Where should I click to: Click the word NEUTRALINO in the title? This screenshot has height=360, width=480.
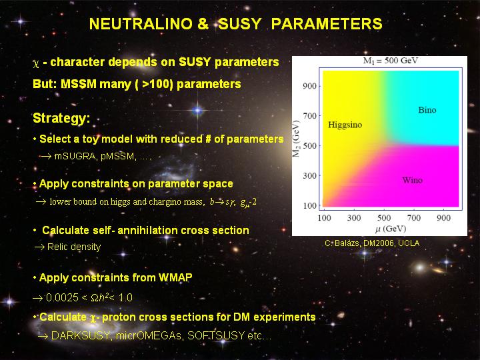[141, 24]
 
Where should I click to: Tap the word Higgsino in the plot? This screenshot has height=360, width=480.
[345, 125]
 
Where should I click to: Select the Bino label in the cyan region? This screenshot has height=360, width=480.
[427, 110]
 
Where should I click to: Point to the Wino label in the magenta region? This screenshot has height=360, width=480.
[413, 180]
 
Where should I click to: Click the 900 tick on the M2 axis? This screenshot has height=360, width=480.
[309, 86]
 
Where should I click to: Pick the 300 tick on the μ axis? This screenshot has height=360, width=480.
[354, 217]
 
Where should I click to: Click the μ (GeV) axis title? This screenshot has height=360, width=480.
[391, 229]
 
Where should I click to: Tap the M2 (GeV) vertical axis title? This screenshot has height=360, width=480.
[296, 139]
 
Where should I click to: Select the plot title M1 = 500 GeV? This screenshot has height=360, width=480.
[390, 61]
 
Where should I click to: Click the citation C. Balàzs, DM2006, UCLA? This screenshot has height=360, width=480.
[372, 243]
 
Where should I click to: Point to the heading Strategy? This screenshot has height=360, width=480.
[61, 118]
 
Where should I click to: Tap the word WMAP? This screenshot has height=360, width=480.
[175, 277]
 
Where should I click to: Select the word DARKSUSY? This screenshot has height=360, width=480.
[81, 335]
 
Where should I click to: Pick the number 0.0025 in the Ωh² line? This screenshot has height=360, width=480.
[62, 297]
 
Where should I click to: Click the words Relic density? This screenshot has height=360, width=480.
[74, 247]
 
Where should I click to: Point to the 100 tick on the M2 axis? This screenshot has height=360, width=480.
[309, 205]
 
